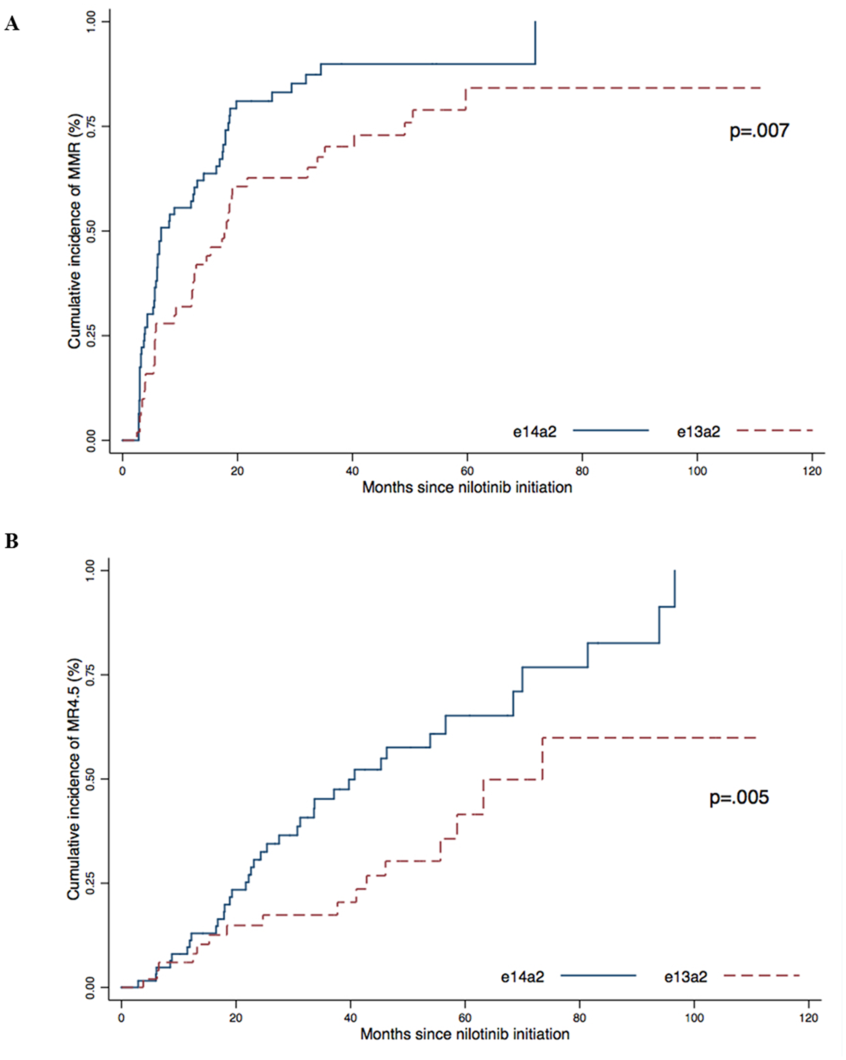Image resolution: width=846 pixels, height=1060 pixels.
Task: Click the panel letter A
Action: click(12, 24)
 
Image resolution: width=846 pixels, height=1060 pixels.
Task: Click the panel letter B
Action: click(12, 541)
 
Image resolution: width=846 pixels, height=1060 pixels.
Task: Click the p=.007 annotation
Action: click(759, 131)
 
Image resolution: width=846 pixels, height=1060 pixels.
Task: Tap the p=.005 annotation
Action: click(739, 797)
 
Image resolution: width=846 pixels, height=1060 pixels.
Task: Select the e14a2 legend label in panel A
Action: click(534, 432)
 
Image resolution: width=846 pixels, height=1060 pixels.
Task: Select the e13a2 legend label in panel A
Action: click(698, 432)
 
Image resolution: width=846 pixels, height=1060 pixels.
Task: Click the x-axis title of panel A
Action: click(467, 488)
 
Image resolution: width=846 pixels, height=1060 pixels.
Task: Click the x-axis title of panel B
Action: click(464, 1034)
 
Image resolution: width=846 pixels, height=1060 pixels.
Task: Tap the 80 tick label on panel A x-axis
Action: click(582, 471)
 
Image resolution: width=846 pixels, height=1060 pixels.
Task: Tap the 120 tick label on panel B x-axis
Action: click(809, 1018)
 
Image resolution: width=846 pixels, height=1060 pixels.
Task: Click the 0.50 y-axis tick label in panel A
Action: click(91, 231)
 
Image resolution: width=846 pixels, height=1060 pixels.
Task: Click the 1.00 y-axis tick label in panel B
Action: click(90, 570)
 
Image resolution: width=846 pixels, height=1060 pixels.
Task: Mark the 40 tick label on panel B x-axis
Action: click(351, 1018)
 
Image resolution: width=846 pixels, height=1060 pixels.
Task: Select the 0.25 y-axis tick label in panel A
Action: click(91, 336)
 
